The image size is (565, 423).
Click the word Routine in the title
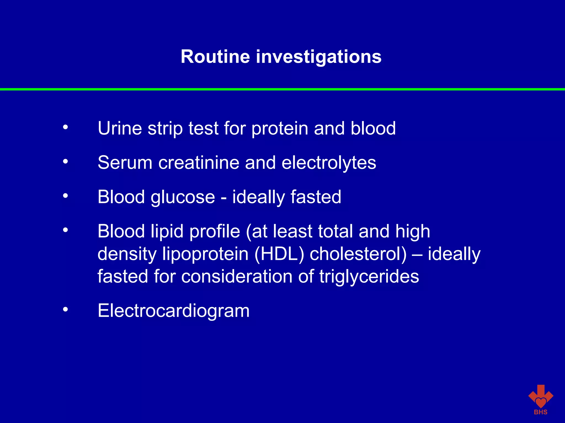tap(215, 57)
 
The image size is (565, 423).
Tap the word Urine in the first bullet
tap(120, 128)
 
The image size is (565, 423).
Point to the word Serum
tap(125, 162)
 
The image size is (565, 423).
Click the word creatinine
tap(199, 162)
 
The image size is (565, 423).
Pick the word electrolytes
tap(329, 163)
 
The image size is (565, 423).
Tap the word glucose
tap(183, 197)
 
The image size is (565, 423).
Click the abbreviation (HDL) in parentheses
tap(279, 254)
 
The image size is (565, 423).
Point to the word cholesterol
tap(358, 254)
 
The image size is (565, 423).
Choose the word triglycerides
tap(369, 276)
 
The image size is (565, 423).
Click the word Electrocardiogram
tap(174, 311)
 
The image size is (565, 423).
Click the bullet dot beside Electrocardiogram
tap(65, 310)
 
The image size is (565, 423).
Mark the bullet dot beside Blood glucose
tap(65, 196)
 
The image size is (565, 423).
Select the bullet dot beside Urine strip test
tap(65, 127)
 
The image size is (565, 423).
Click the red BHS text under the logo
tap(540, 412)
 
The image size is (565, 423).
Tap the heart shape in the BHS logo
tap(541, 402)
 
